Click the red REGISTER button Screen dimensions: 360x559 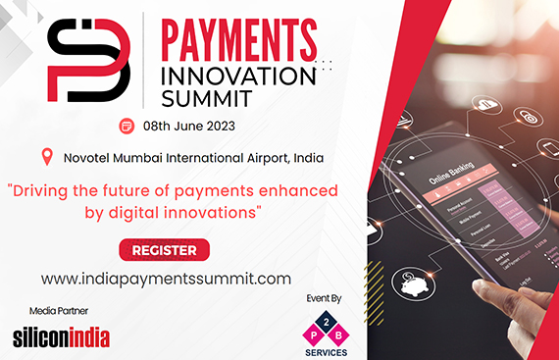tap(164, 250)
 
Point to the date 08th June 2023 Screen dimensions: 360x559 tap(189, 126)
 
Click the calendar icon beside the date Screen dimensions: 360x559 tap(127, 126)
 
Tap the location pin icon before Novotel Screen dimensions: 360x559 tap(47, 157)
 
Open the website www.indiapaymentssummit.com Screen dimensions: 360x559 tap(166, 279)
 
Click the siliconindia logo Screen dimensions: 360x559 tap(61, 337)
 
